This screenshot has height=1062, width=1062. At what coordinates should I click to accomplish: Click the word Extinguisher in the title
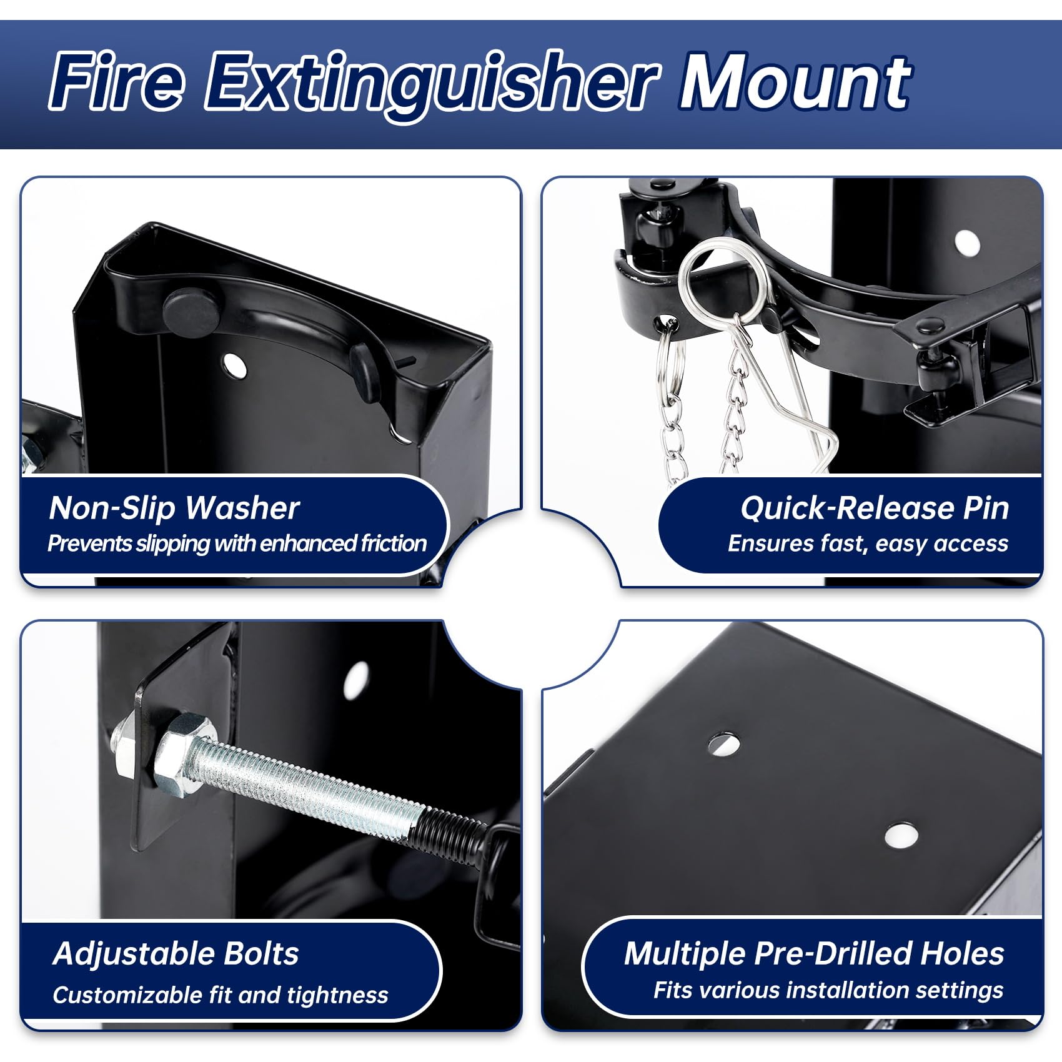pos(431,84)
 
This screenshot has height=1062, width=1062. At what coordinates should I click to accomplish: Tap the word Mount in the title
pos(795,81)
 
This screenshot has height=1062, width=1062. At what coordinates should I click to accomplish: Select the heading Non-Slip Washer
pos(174,509)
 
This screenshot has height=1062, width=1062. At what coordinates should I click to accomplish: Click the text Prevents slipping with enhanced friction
pos(237,543)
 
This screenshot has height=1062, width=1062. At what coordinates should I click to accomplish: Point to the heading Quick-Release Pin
pos(875,509)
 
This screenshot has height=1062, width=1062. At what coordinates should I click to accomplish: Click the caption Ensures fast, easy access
pos(868,543)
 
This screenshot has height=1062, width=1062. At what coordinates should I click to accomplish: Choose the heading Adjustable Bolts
pos(176,954)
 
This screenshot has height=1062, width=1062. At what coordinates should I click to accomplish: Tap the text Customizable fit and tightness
pos(221,995)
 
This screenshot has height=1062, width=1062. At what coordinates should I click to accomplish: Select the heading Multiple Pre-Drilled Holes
pos(814,954)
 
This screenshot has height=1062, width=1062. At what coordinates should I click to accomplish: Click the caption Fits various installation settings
pos(828,990)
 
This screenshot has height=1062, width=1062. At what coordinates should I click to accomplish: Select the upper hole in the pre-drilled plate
pos(724,743)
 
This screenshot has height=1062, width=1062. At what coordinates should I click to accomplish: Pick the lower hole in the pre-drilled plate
pos(901,835)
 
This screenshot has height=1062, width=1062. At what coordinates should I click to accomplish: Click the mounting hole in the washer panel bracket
pos(234,365)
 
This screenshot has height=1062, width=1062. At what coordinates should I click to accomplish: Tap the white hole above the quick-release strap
pos(967,243)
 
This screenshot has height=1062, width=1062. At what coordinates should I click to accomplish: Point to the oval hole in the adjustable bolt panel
pos(356,680)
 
